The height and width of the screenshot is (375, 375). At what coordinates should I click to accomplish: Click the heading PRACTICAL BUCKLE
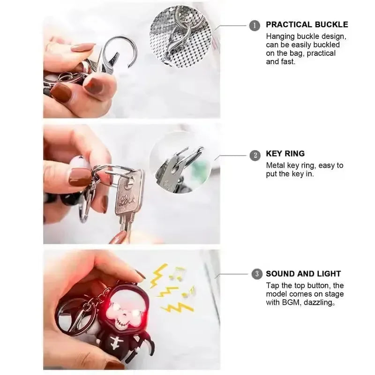[307, 25]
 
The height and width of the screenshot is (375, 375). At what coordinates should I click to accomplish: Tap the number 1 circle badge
[255, 26]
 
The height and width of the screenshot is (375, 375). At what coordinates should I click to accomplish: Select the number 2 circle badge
[255, 155]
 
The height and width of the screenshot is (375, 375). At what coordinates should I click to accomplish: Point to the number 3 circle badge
[257, 274]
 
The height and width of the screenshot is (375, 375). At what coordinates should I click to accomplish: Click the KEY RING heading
[285, 154]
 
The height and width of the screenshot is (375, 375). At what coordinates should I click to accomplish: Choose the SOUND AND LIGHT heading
[303, 274]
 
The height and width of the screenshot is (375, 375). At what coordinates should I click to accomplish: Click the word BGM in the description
[291, 302]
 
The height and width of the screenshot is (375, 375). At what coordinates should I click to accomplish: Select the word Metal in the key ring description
[276, 165]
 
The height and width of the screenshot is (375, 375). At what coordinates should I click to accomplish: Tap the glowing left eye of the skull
[114, 307]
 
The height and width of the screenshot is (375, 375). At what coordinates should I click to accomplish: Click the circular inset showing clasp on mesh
[180, 36]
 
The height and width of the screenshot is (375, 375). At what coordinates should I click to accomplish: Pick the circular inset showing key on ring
[180, 163]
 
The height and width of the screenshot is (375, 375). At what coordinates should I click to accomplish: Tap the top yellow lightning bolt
[158, 276]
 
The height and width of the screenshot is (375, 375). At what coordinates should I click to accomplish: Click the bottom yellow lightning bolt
[178, 307]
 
